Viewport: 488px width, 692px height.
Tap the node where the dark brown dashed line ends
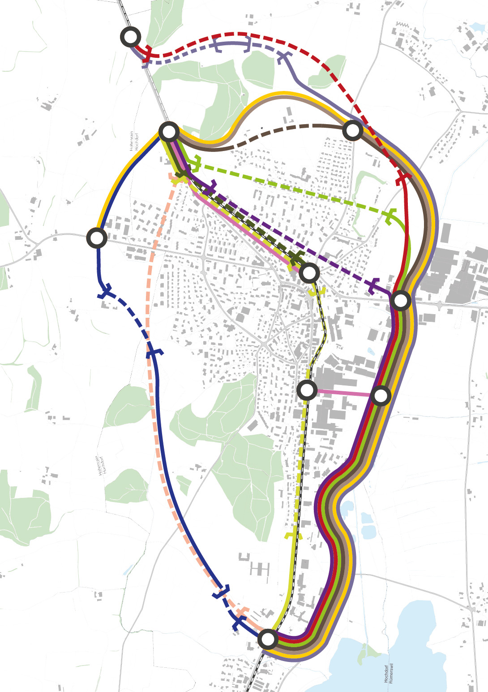[353, 131]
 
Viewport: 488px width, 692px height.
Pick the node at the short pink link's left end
[307, 390]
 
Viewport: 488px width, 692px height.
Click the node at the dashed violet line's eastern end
[401, 300]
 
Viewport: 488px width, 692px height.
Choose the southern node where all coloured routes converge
[268, 639]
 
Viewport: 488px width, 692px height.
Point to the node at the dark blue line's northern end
[169, 132]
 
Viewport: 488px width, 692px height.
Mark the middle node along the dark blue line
[97, 238]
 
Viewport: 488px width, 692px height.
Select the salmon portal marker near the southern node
[242, 612]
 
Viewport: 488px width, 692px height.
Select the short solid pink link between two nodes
[344, 393]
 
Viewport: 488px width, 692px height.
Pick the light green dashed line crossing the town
[291, 190]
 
